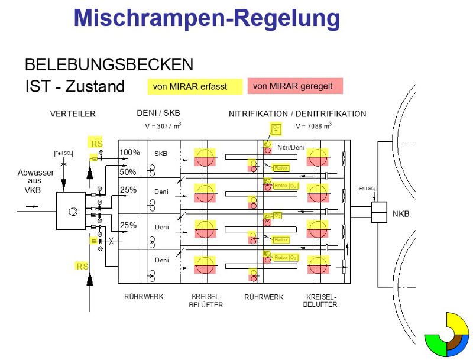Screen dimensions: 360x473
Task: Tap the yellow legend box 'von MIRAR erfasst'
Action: tap(195, 86)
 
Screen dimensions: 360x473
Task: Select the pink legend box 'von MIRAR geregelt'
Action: tap(295, 86)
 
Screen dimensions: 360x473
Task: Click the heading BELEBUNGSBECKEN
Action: tap(109, 64)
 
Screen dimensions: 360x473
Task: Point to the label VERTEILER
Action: tap(73, 114)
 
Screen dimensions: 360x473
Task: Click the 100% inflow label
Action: tap(129, 153)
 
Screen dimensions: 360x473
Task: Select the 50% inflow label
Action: tap(128, 172)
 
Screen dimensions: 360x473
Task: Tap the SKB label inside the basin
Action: tap(161, 154)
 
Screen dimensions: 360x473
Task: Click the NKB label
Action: tap(401, 214)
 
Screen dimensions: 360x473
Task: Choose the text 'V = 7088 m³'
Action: tap(313, 126)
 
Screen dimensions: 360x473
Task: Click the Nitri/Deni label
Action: tap(290, 147)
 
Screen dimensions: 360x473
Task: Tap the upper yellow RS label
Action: tap(96, 144)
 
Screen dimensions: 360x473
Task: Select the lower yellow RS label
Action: tap(82, 267)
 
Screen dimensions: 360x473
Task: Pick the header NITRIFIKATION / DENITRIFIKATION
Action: tap(297, 114)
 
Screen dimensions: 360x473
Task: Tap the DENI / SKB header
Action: tap(158, 114)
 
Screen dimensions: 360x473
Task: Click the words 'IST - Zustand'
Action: tap(75, 87)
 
